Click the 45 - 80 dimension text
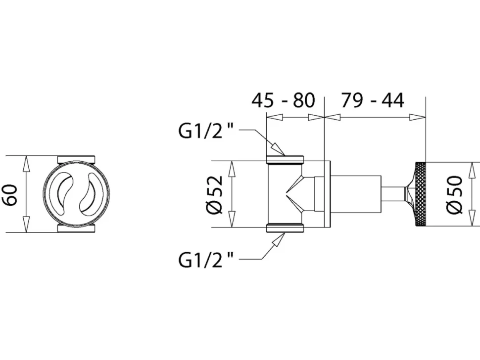pyautogui.click(x=283, y=100)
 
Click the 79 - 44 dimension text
pyautogui.click(x=373, y=100)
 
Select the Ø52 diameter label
pyautogui.click(x=216, y=194)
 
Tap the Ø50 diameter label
pyautogui.click(x=454, y=194)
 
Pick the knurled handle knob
pyautogui.click(x=420, y=194)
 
